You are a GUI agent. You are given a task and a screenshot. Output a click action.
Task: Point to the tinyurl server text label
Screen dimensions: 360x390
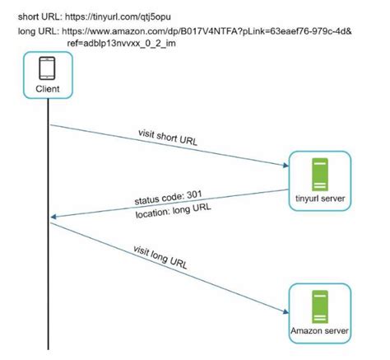pyautogui.click(x=319, y=198)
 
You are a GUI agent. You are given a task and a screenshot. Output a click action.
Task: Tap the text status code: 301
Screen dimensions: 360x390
pyautogui.click(x=168, y=200)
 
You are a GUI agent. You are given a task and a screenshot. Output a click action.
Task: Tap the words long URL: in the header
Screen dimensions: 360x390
pyautogui.click(x=36, y=30)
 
